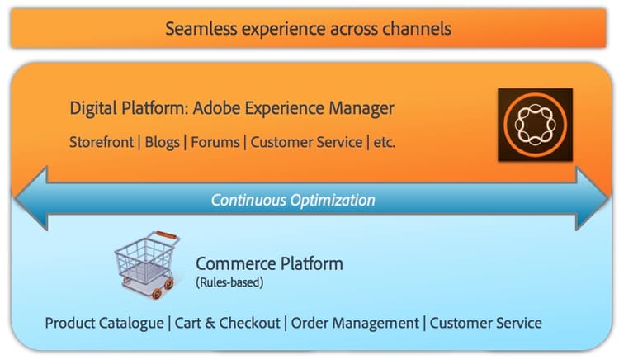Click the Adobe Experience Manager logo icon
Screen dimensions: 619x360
click(x=536, y=125)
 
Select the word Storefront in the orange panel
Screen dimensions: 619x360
click(x=102, y=142)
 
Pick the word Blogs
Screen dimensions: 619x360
click(x=163, y=143)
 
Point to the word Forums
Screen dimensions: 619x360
click(x=215, y=142)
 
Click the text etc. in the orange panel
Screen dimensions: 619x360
click(x=384, y=142)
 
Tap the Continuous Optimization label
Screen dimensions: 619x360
click(x=293, y=200)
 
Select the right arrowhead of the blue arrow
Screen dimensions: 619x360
click(x=592, y=198)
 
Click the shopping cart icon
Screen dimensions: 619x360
click(x=147, y=264)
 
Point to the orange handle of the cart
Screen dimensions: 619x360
click(x=167, y=235)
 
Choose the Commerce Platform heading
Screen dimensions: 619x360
click(x=269, y=263)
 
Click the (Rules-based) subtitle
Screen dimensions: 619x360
click(x=229, y=282)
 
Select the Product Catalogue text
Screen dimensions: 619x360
click(x=104, y=324)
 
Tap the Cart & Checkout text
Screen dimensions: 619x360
click(x=228, y=324)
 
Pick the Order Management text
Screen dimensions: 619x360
click(x=355, y=324)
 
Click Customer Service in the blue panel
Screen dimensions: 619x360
click(x=485, y=324)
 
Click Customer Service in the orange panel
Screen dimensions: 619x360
click(x=306, y=142)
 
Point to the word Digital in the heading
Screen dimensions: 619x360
click(x=93, y=108)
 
